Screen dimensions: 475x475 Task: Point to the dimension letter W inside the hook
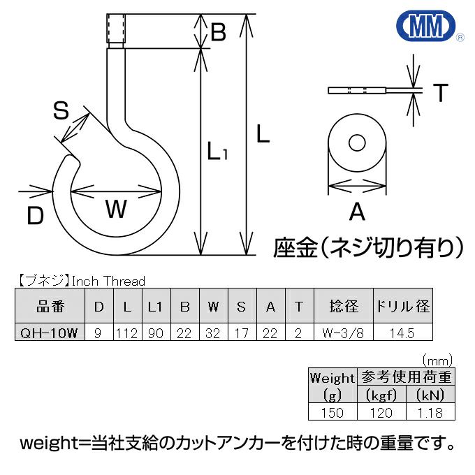(116, 209)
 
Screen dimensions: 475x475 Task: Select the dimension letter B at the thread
(218, 32)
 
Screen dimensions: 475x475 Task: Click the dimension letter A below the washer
(357, 211)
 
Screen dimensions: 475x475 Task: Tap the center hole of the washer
(358, 143)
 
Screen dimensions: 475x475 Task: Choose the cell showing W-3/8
(343, 333)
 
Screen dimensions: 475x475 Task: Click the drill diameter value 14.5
(403, 333)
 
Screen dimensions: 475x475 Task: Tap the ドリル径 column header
(403, 307)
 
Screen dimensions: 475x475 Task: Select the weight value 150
(332, 412)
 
